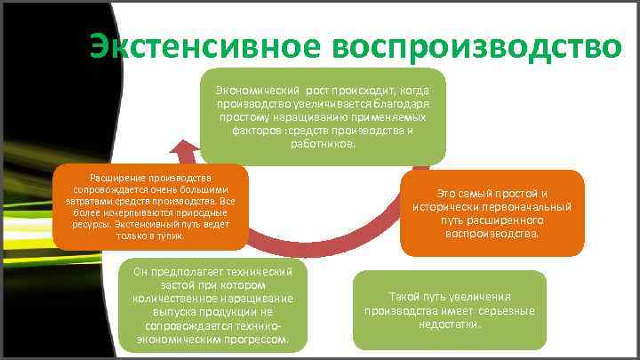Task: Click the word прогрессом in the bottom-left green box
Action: (257, 340)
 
